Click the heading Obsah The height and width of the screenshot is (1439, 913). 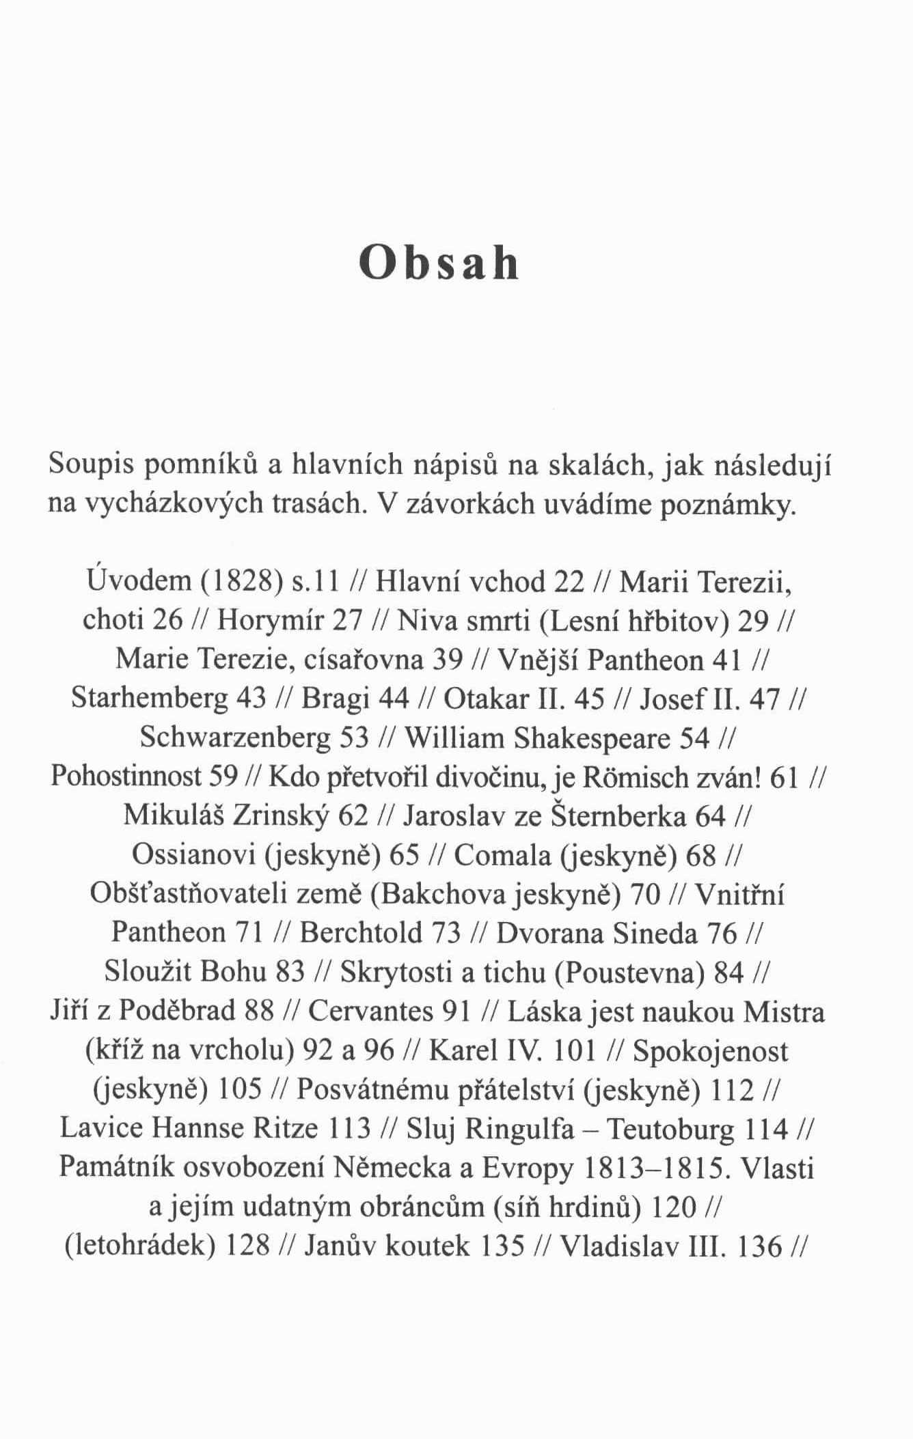439,263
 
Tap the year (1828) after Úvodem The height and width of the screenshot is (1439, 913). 242,581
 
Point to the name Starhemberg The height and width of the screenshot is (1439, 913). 149,698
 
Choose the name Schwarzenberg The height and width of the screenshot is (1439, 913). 235,738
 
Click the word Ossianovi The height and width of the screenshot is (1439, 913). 193,855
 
